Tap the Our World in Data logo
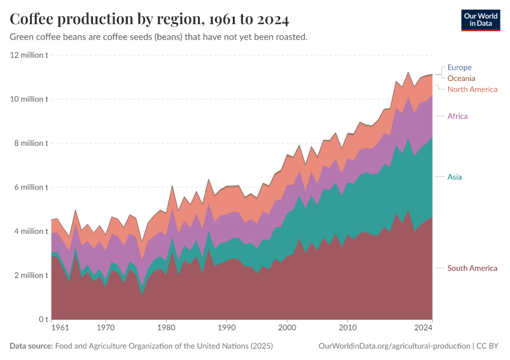click(x=481, y=19)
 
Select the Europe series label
click(x=460, y=68)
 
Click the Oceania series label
click(x=461, y=79)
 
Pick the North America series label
click(x=472, y=89)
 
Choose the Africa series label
click(x=457, y=116)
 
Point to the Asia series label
click(x=455, y=177)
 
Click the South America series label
click(x=472, y=268)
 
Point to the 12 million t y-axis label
click(x=29, y=55)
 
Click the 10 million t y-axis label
click(x=29, y=99)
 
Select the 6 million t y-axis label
click(x=29, y=187)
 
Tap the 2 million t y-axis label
click(x=29, y=275)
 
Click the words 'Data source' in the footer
click(x=31, y=346)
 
